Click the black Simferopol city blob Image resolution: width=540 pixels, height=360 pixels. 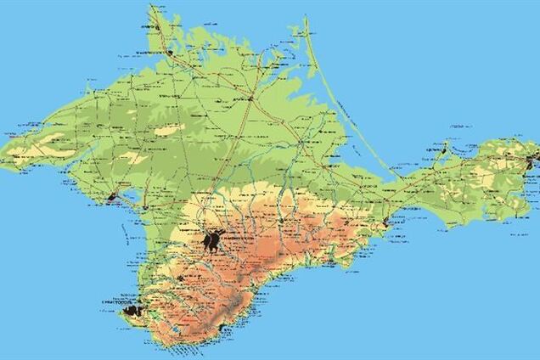click(213, 241)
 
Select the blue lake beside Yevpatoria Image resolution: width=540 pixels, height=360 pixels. click(132, 193)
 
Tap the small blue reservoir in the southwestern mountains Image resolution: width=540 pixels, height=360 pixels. click(175, 328)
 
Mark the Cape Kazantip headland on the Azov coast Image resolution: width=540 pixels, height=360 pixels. click(444, 145)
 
